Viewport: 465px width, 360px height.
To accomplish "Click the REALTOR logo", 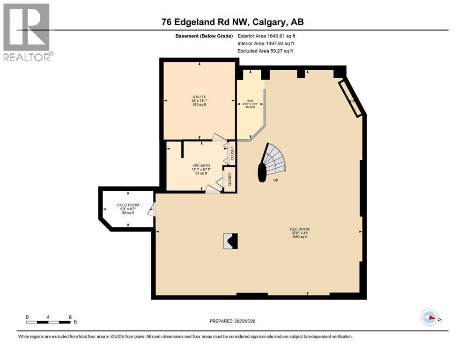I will point(27,32).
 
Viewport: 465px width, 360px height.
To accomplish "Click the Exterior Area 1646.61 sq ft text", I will point(266,36).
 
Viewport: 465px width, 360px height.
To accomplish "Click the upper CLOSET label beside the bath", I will point(232,153).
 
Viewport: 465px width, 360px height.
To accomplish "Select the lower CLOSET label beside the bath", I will point(230,179).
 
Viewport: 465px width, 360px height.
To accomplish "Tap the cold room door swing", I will point(151,210).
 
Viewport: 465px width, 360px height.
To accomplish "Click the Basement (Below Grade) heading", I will point(204,36).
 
